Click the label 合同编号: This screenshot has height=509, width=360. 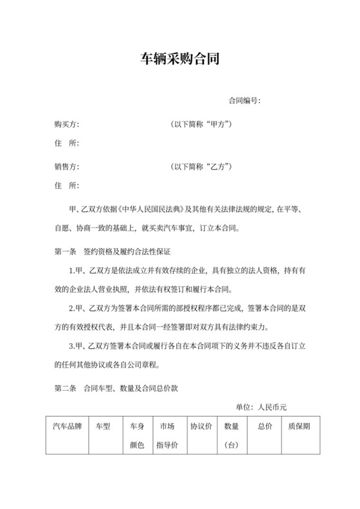click(x=244, y=101)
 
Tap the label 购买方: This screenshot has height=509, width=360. click(x=67, y=123)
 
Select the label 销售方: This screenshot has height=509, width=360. click(x=67, y=166)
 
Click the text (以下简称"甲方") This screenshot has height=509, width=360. click(x=201, y=123)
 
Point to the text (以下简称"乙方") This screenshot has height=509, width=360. click(x=201, y=166)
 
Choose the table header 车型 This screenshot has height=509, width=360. click(x=103, y=426)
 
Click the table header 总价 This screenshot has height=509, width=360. click(x=265, y=426)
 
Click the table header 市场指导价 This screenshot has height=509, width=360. click(x=167, y=435)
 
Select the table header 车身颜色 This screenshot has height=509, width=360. click(x=137, y=435)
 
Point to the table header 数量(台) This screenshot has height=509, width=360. click(x=231, y=435)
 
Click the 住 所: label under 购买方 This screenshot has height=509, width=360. click(x=67, y=143)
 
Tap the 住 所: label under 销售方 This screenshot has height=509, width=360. click(x=67, y=186)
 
